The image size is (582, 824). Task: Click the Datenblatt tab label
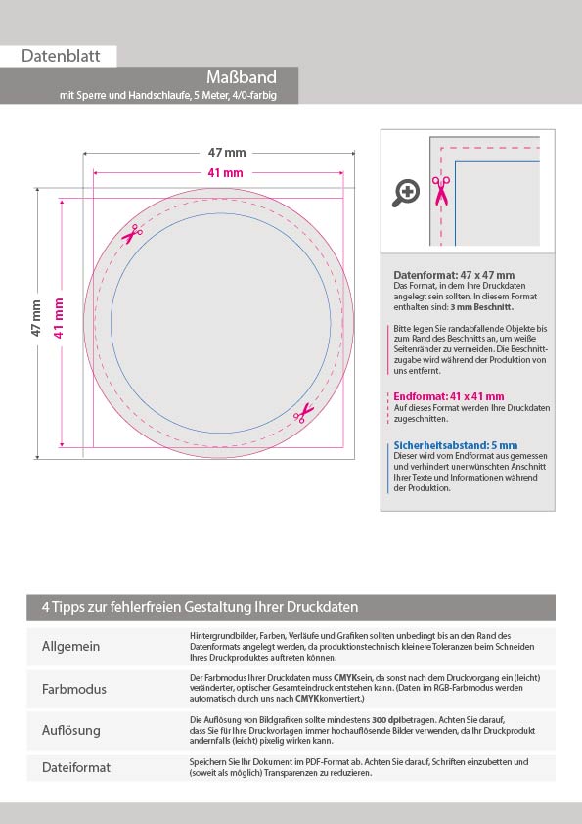(x=61, y=56)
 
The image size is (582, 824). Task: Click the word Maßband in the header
(x=241, y=77)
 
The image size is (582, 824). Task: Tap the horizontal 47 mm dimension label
(x=227, y=153)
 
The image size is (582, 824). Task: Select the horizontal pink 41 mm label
(x=225, y=172)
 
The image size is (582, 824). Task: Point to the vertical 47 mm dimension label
(x=36, y=318)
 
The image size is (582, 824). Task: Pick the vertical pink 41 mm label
(x=59, y=318)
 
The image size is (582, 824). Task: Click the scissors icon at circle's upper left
(x=132, y=234)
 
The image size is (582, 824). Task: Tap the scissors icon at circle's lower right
(x=303, y=413)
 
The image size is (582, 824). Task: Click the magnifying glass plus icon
(x=406, y=193)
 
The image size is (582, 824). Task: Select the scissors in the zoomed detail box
(x=441, y=191)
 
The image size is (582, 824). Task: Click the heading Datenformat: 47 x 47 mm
(x=454, y=275)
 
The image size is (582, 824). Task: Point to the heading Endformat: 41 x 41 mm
(x=449, y=396)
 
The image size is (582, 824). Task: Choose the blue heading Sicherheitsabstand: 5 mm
(x=456, y=445)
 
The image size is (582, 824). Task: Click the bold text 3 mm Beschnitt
(x=481, y=307)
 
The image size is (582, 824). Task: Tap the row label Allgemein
(x=70, y=646)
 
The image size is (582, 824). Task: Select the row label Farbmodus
(x=74, y=689)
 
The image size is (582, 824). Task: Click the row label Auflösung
(x=70, y=730)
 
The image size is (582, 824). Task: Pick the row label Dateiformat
(x=76, y=767)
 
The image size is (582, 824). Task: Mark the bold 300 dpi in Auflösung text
(x=384, y=720)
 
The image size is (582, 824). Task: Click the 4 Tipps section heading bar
(x=291, y=608)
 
